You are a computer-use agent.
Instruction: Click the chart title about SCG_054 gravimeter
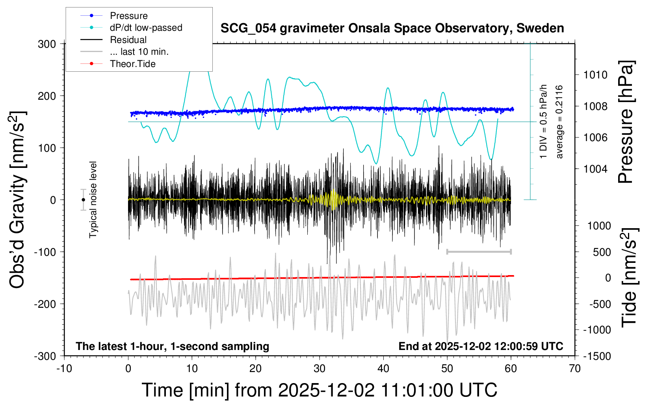pyautogui.click(x=392, y=28)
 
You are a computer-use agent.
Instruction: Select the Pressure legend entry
pyautogui.click(x=128, y=16)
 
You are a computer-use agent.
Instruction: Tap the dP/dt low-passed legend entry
pyautogui.click(x=146, y=28)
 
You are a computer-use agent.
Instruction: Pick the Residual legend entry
pyautogui.click(x=128, y=40)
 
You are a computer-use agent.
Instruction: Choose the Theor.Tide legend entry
pyautogui.click(x=132, y=64)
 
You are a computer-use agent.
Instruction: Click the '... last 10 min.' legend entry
pyautogui.click(x=139, y=52)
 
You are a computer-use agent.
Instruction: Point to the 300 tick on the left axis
pyautogui.click(x=47, y=44)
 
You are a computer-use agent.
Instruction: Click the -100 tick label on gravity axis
pyautogui.click(x=45, y=252)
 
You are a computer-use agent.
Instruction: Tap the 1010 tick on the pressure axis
pyautogui.click(x=595, y=75)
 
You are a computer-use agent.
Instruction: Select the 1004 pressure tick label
pyautogui.click(x=595, y=169)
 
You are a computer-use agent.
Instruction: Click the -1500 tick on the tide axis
pyautogui.click(x=596, y=356)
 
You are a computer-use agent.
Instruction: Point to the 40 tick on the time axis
pyautogui.click(x=383, y=369)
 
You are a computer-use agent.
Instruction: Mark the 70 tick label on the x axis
pyautogui.click(x=575, y=369)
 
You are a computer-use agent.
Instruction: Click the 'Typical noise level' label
pyautogui.click(x=93, y=199)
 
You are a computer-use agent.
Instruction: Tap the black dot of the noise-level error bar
pyautogui.click(x=83, y=200)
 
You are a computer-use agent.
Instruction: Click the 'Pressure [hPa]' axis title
pyautogui.click(x=626, y=122)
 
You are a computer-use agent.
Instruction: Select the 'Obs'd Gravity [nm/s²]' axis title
pyautogui.click(x=18, y=200)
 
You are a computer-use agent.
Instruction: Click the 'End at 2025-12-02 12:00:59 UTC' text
pyautogui.click(x=481, y=346)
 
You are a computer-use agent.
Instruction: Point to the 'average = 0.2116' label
pyautogui.click(x=559, y=122)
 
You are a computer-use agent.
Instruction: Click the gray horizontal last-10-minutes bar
pyautogui.click(x=479, y=252)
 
